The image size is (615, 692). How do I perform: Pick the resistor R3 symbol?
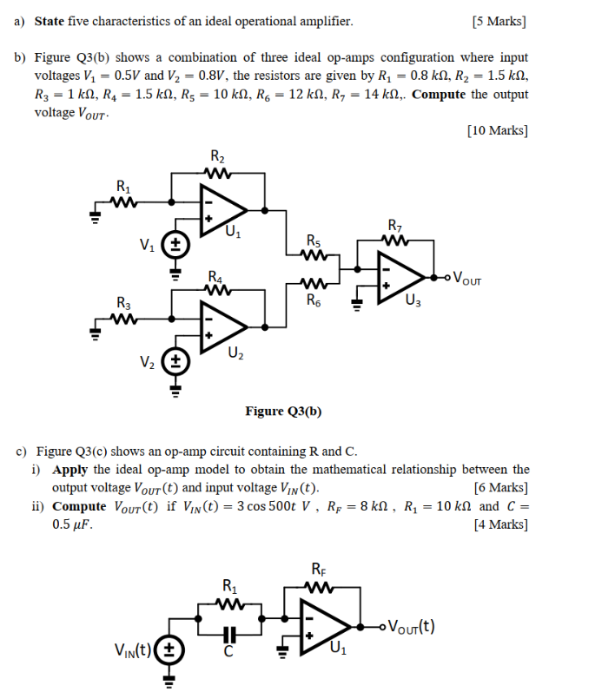(x=124, y=318)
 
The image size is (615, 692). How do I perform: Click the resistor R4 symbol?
(x=217, y=290)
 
